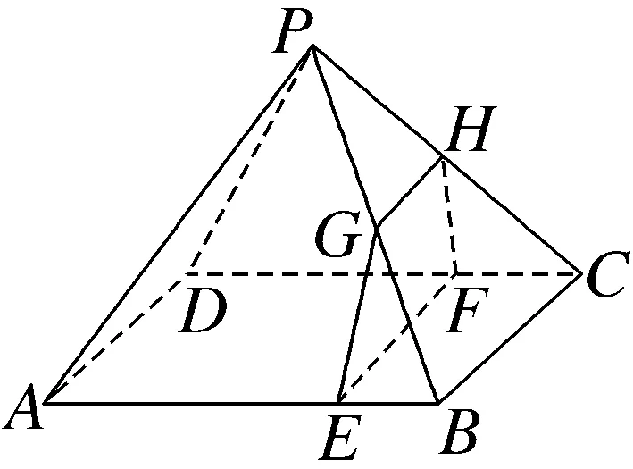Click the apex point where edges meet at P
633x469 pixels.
click(x=312, y=47)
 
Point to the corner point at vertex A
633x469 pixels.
click(x=44, y=401)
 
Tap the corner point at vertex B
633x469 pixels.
click(x=437, y=402)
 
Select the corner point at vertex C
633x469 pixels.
click(x=579, y=272)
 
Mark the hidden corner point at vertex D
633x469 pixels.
click(x=187, y=272)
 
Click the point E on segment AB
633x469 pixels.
click(x=338, y=402)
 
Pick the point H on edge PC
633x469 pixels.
click(x=442, y=157)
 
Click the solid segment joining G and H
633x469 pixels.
click(x=409, y=191)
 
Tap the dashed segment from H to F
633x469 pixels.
click(x=449, y=214)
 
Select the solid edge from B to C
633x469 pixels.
click(x=508, y=338)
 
